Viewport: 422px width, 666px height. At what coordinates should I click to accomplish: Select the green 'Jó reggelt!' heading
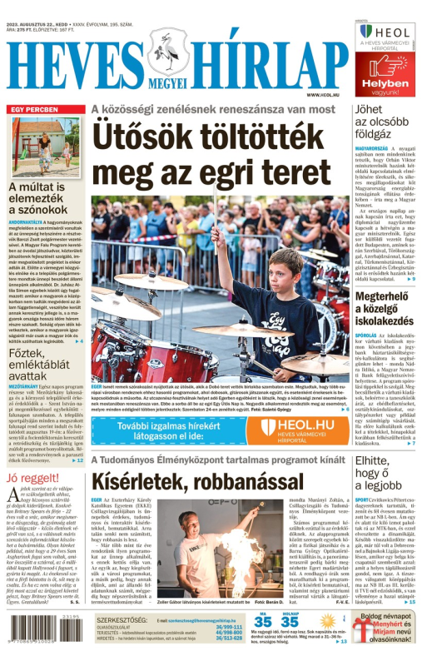(x=32, y=478)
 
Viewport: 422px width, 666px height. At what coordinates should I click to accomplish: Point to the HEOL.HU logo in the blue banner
(x=295, y=427)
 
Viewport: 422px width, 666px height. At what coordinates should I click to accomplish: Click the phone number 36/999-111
(x=229, y=626)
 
